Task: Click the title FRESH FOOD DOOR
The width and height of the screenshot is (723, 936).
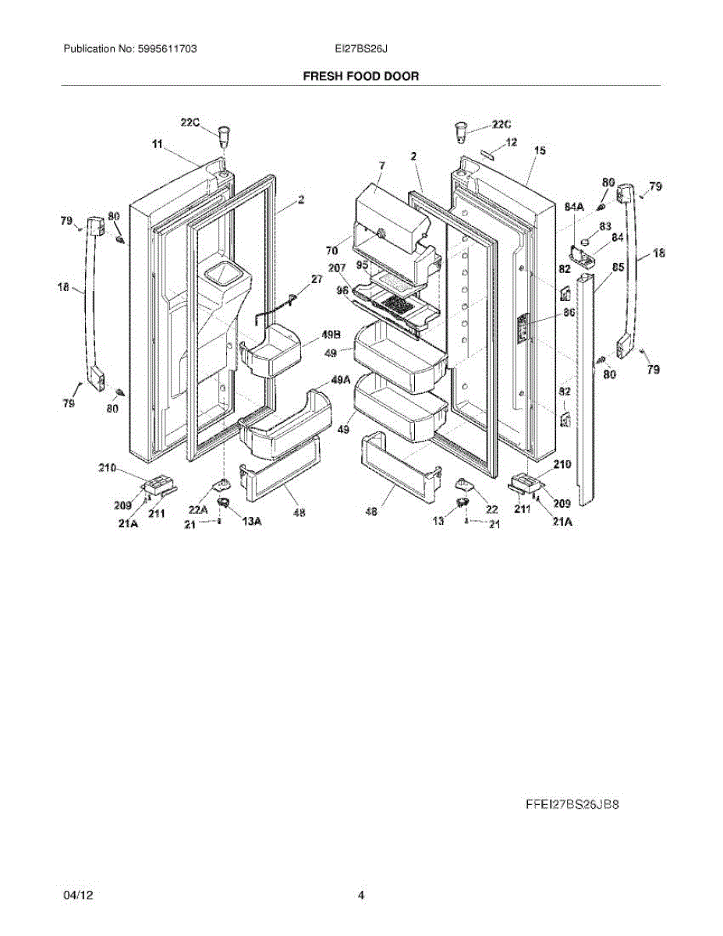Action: click(361, 76)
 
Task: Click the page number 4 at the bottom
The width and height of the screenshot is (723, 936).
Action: click(361, 895)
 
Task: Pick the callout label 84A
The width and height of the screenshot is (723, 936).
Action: click(575, 207)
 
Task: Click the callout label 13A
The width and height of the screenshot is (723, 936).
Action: click(251, 523)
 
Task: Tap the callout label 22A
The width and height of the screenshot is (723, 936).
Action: click(198, 510)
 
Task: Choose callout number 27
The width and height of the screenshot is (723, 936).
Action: click(317, 279)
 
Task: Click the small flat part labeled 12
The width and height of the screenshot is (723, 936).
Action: click(489, 154)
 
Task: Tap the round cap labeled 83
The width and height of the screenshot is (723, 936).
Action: click(583, 232)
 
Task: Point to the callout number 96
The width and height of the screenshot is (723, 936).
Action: click(340, 291)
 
